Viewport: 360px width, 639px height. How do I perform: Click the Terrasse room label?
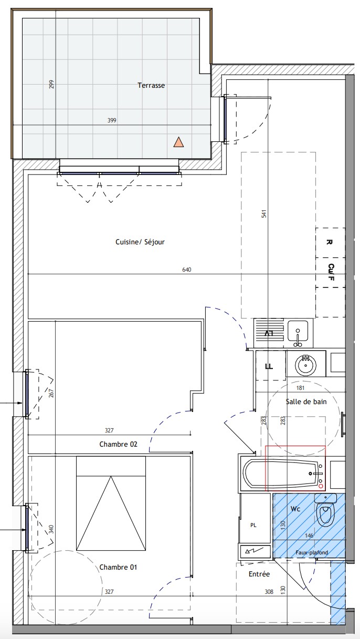tap(151, 85)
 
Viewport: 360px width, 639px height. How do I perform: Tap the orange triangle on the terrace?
tap(178, 142)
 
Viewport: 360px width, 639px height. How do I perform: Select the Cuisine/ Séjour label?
tap(140, 242)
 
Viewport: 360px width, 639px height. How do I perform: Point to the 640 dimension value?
tap(187, 270)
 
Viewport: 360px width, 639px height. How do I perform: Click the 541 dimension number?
tap(264, 214)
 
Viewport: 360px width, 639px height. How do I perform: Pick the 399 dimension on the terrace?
tap(112, 120)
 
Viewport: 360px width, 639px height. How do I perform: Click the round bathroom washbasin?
tap(305, 366)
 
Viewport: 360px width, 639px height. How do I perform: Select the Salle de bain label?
tap(306, 401)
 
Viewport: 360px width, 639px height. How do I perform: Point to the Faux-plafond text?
tap(312, 553)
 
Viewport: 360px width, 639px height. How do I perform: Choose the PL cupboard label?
tap(253, 525)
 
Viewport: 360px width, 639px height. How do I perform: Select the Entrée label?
tap(259, 574)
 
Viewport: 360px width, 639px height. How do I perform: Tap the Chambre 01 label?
tap(118, 567)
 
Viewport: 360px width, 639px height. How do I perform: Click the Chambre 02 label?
tap(118, 444)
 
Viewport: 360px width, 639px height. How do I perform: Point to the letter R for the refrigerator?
tap(329, 242)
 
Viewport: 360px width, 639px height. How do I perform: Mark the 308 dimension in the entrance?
tap(269, 592)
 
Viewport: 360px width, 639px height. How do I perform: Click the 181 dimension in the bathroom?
tap(301, 388)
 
